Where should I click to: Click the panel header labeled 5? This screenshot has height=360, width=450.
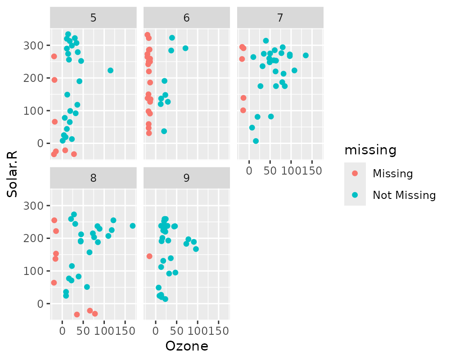pos(93,18)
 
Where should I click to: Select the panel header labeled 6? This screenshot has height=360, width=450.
pos(186,18)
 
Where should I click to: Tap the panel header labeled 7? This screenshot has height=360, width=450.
pos(280,18)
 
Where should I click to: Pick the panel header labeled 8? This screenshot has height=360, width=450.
pos(93,178)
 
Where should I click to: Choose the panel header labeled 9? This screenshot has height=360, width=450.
pos(186,178)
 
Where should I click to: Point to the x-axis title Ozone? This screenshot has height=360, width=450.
pos(187,346)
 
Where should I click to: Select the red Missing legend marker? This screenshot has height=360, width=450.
pos(355,173)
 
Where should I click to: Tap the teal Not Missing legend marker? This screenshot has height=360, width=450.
pos(355,195)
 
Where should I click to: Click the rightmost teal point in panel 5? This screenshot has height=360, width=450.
pos(110,71)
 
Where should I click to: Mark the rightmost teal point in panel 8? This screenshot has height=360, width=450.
pos(133,226)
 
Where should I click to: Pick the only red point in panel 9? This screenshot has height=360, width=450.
pos(149,256)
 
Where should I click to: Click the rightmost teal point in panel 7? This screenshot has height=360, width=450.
pos(306,55)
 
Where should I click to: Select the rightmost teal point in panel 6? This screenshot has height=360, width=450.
pos(185,48)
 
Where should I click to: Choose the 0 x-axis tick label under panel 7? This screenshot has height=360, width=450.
pos(249,171)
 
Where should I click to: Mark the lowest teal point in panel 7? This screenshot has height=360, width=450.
pos(256,141)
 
